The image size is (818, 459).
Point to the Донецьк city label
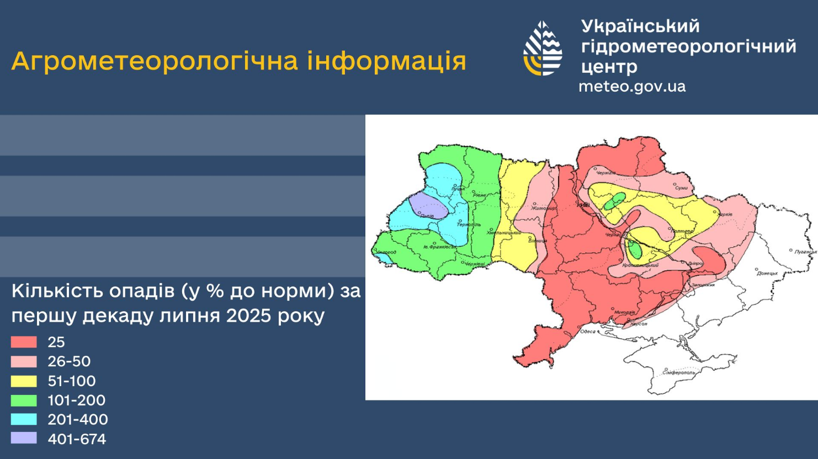point(768,273)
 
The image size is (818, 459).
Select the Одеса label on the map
point(588,332)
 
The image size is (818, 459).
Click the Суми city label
point(682,188)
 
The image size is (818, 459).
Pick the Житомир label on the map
point(544,208)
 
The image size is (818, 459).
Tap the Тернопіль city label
point(469,225)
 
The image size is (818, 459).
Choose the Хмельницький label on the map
point(504,233)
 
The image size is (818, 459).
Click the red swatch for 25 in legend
point(24,342)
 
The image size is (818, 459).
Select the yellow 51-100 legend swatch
point(24,381)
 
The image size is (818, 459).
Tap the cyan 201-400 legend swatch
point(24,419)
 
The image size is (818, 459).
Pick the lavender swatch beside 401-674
point(24,439)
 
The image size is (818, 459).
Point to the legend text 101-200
point(76,401)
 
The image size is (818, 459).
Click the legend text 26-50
point(69,362)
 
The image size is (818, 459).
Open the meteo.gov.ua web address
point(632,87)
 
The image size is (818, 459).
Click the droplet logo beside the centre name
point(543,49)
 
